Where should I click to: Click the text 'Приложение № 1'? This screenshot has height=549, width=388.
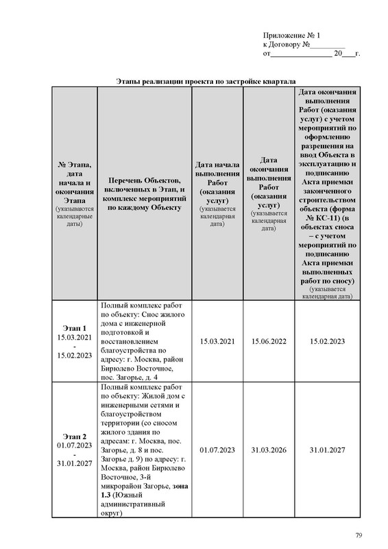pos(291,35)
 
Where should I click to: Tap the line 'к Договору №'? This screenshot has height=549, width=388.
pos(287,44)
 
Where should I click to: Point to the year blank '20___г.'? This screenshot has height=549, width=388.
pos(347,53)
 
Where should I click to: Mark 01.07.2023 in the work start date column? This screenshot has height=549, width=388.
pos(217,449)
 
